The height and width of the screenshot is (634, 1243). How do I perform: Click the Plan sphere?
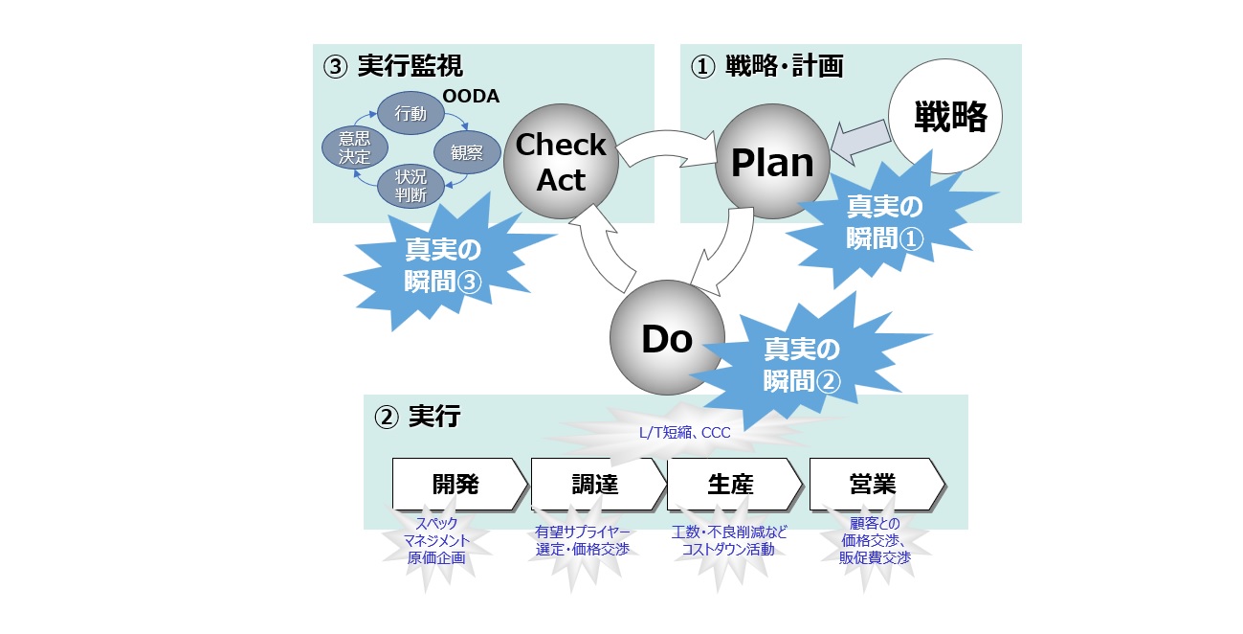772,163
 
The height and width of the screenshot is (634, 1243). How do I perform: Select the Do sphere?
667,338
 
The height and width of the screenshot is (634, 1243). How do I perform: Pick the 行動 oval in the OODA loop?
411,114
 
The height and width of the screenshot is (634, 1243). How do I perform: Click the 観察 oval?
466,151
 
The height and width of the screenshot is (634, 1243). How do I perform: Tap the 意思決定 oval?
354,149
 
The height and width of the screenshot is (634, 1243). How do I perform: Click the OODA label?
471,96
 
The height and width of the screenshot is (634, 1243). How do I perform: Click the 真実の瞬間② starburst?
802,364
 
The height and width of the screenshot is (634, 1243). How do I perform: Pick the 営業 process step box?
874,485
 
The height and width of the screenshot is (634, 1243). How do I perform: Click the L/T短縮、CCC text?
684,433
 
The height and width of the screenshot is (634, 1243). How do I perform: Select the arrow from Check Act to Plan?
666,145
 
